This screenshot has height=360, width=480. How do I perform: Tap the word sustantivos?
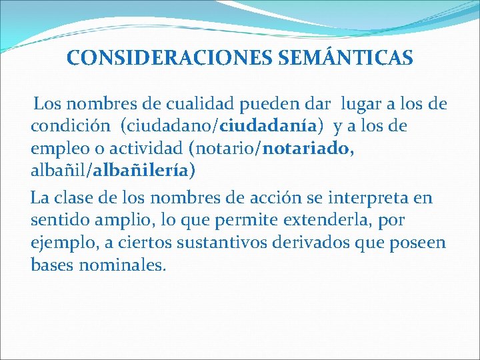tap(223, 242)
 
